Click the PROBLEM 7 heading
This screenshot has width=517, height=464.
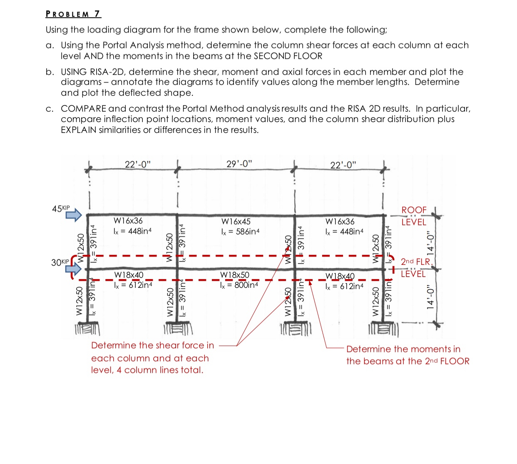pyautogui.click(x=73, y=14)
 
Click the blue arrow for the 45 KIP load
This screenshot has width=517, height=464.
pyautogui.click(x=74, y=215)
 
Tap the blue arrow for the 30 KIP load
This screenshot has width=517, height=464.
pyautogui.click(x=74, y=268)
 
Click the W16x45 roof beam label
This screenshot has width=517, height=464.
pyautogui.click(x=236, y=222)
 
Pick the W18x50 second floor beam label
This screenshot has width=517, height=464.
pyautogui.click(x=234, y=275)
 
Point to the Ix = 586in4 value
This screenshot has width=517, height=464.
pyautogui.click(x=240, y=232)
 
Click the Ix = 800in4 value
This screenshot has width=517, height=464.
pyautogui.click(x=239, y=285)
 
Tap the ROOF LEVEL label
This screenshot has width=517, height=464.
pyautogui.click(x=414, y=216)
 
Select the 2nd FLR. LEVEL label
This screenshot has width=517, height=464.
pyautogui.click(x=415, y=267)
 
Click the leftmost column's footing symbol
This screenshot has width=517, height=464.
pyautogui.click(x=87, y=329)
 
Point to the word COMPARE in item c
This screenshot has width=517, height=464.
pyautogui.click(x=83, y=108)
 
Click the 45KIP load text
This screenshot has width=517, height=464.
pyautogui.click(x=61, y=208)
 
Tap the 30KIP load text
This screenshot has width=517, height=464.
pyautogui.click(x=60, y=262)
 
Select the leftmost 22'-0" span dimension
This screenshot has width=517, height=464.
pyautogui.click(x=138, y=164)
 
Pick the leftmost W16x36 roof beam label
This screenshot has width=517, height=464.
pyautogui.click(x=128, y=221)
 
